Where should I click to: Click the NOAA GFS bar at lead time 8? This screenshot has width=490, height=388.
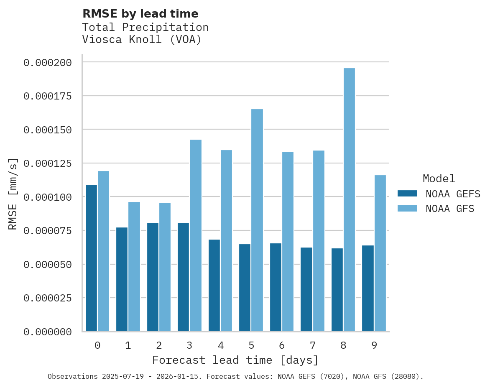[x=349, y=200]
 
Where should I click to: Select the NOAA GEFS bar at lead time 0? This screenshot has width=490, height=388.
[x=91, y=258]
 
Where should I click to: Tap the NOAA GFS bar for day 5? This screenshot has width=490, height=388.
[x=257, y=220]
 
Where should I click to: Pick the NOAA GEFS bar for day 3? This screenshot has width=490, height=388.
[x=183, y=277]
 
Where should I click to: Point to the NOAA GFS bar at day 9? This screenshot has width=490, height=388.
[x=380, y=253]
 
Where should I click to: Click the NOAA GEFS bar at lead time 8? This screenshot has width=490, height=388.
[x=337, y=290]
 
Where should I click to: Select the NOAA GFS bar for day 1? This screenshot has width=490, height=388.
[x=134, y=267]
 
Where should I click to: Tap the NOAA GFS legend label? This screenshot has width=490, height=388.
[x=450, y=208]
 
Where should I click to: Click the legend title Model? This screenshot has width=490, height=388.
[x=439, y=179]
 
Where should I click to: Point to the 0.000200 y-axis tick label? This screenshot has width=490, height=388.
[x=48, y=63]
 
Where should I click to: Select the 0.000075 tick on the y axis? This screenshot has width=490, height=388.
[x=48, y=231]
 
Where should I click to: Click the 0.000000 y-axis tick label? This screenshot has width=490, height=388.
[x=48, y=332]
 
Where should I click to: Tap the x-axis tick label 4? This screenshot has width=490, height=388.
[x=220, y=345]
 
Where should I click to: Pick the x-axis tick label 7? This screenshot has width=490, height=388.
[x=312, y=345]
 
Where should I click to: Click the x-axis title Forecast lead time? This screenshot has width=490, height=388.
[x=235, y=360]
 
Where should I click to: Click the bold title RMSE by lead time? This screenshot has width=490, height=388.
[x=140, y=14]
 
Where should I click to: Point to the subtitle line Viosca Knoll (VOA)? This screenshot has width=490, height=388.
[x=142, y=40]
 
